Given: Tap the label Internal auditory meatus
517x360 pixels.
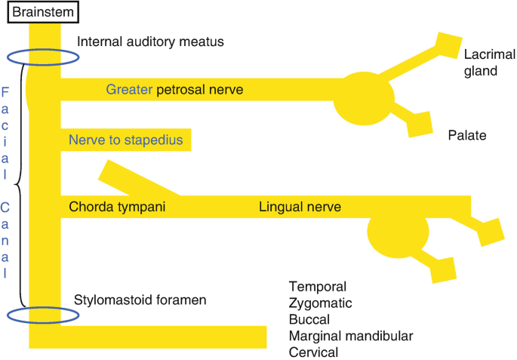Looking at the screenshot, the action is (151, 42).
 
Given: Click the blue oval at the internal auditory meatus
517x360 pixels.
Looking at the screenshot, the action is (42, 58).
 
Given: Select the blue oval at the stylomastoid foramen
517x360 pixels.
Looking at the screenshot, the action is (42, 315).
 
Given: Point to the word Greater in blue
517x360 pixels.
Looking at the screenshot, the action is (129, 90).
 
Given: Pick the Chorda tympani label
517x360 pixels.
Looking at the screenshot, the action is (117, 206).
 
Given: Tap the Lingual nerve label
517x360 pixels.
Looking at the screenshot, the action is (300, 206).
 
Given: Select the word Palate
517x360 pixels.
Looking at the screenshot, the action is (466, 136).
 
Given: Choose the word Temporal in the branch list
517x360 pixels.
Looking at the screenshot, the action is (317, 287).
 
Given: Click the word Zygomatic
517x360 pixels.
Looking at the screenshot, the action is (320, 303).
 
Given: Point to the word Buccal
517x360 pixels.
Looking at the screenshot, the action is (309, 319).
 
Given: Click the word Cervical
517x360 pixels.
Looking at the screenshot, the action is (313, 352).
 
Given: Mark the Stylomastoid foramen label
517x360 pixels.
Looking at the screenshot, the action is (140, 300).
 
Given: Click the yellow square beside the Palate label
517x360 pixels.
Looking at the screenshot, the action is (419, 122).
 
